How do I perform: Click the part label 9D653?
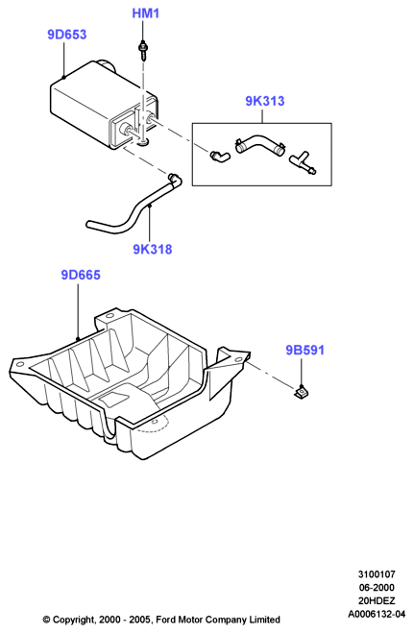pyautogui.click(x=67, y=35)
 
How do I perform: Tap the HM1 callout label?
pyautogui.click(x=146, y=13)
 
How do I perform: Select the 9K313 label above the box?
pyautogui.click(x=265, y=101)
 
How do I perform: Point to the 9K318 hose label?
pyautogui.click(x=153, y=250)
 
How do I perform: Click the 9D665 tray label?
pyautogui.click(x=81, y=275)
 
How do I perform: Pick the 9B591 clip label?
pyautogui.click(x=305, y=350)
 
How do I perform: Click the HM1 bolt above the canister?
pyautogui.click(x=142, y=50)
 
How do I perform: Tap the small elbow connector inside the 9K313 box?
pyautogui.click(x=220, y=155)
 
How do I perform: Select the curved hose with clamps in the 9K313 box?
pyautogui.click(x=259, y=144)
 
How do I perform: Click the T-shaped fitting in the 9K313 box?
pyautogui.click(x=303, y=162)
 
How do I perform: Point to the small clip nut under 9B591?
pyautogui.click(x=301, y=391)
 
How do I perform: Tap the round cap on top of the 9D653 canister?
pyautogui.click(x=106, y=65)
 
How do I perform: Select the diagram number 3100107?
pyautogui.click(x=377, y=574)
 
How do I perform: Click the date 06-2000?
pyautogui.click(x=377, y=588)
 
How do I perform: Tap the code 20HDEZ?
pyautogui.click(x=377, y=600)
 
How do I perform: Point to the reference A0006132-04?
pyautogui.click(x=377, y=614)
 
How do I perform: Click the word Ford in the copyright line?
pyautogui.click(x=165, y=620)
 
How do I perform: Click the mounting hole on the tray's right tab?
pyautogui.click(x=237, y=359)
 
